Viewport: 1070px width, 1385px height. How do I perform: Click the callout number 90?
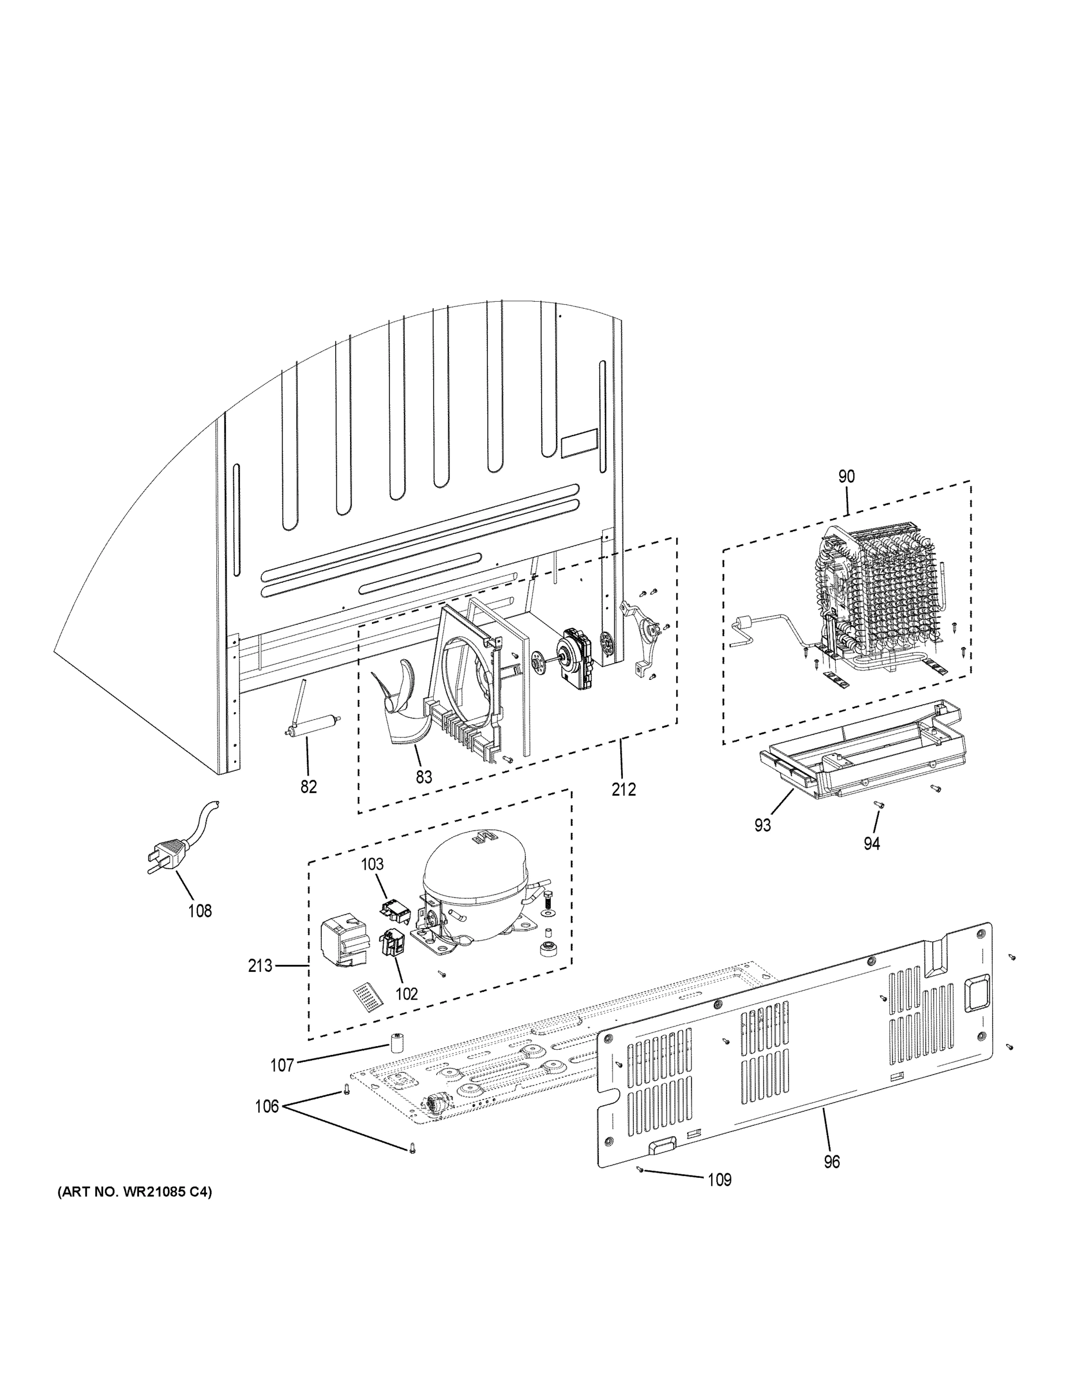click(846, 477)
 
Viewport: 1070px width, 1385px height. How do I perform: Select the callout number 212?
click(624, 789)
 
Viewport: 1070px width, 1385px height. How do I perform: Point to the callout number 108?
click(200, 911)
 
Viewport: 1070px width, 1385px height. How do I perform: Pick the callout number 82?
click(308, 787)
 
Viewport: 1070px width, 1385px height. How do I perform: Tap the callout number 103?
click(373, 864)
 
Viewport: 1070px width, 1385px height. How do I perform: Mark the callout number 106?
click(266, 1107)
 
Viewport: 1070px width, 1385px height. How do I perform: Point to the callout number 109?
click(719, 1180)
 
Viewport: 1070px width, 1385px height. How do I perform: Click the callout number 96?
click(832, 1162)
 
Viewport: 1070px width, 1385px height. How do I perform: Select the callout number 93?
click(763, 825)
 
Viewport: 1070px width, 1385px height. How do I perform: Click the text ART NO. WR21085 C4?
click(135, 1193)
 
